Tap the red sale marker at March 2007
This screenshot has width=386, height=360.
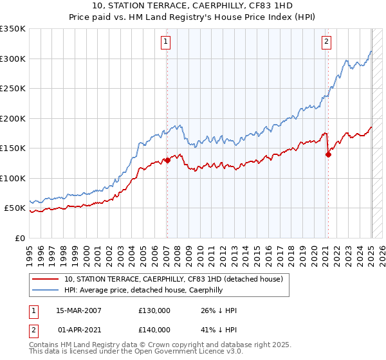point(167,161)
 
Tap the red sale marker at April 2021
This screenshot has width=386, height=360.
point(328,154)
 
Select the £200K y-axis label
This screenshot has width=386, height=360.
point(13,118)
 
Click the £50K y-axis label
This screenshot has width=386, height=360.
point(15,208)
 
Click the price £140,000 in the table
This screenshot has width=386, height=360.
point(154,329)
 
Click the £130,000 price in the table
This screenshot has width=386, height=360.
point(154,310)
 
